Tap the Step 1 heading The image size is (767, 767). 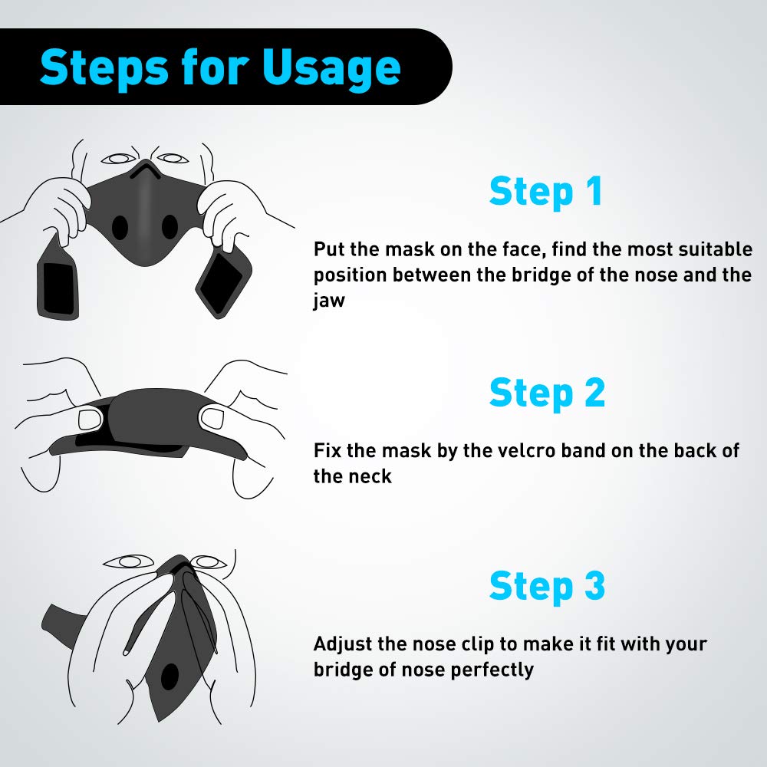click(545, 192)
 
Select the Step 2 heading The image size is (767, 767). click(547, 393)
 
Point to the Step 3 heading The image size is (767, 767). click(547, 586)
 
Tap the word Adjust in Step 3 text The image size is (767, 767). click(343, 644)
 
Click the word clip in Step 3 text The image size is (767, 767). click(520, 644)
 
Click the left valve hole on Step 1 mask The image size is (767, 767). click(120, 228)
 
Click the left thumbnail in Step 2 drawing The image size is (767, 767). click(90, 420)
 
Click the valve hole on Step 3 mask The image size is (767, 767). click(168, 676)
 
